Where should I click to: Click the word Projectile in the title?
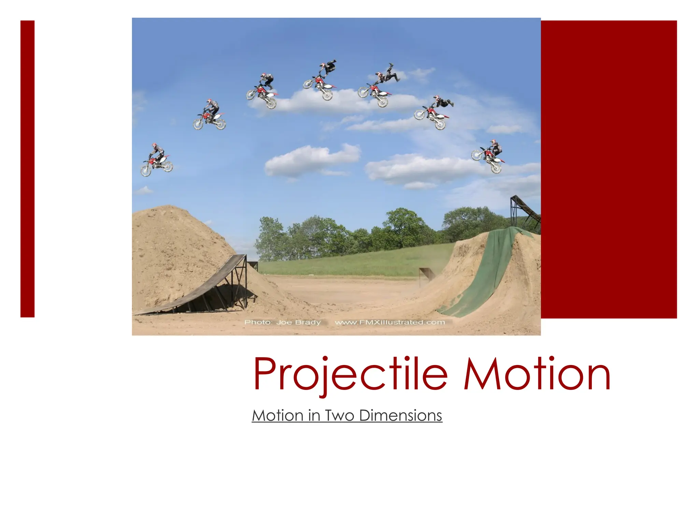(x=350, y=374)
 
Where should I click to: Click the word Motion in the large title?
(x=537, y=374)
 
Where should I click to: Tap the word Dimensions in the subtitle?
(x=400, y=416)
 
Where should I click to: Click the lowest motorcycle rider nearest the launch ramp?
(x=156, y=160)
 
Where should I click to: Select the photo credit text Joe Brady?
(x=298, y=322)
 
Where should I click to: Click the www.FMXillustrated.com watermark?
(x=390, y=322)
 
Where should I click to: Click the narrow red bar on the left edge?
(x=27, y=169)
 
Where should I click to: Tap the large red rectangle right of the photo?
(x=609, y=169)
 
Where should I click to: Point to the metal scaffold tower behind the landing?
(x=524, y=212)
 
